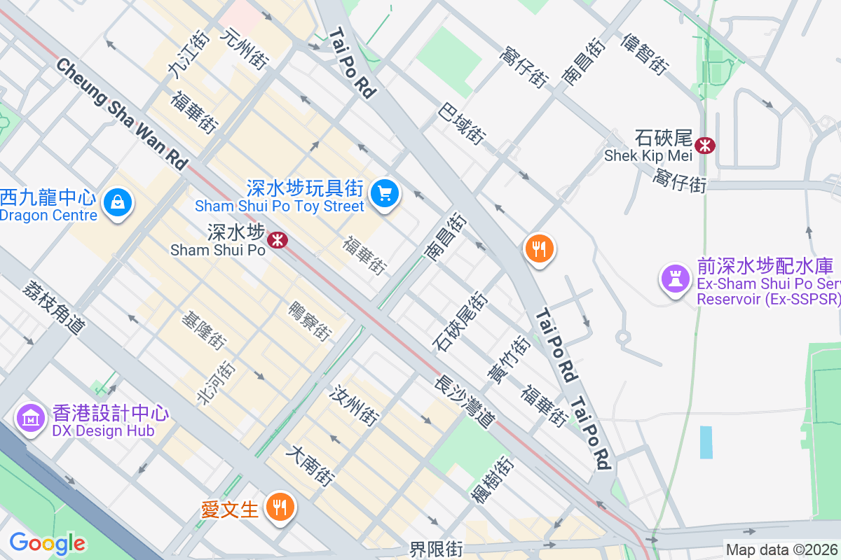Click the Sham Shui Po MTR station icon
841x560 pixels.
click(x=278, y=240)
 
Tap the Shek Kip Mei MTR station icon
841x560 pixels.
click(x=705, y=145)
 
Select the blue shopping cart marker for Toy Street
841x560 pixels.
click(x=384, y=193)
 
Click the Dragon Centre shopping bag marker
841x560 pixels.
click(x=117, y=203)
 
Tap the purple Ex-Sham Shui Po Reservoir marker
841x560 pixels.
click(x=676, y=278)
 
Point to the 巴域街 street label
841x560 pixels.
click(x=463, y=124)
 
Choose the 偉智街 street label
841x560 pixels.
click(x=643, y=54)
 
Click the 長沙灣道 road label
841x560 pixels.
click(x=465, y=402)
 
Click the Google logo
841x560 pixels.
click(x=47, y=543)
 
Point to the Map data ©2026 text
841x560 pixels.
click(x=781, y=549)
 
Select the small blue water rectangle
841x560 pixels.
click(x=706, y=442)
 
